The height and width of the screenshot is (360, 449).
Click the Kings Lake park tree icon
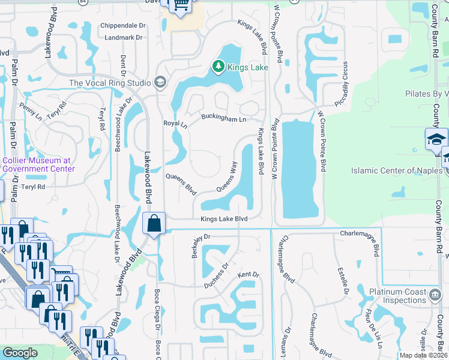219,66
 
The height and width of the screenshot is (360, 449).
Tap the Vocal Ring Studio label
111,83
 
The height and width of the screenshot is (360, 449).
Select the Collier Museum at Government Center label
38,164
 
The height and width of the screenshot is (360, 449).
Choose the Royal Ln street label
175,124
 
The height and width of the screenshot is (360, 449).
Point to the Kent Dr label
248,275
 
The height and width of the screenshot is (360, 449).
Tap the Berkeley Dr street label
199,245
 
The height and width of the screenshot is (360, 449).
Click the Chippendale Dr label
123,26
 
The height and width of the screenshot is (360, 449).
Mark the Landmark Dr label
122,37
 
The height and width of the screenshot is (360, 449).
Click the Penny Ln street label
28,110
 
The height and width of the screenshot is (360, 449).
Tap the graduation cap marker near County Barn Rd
435,139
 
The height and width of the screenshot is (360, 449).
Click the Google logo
20,353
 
